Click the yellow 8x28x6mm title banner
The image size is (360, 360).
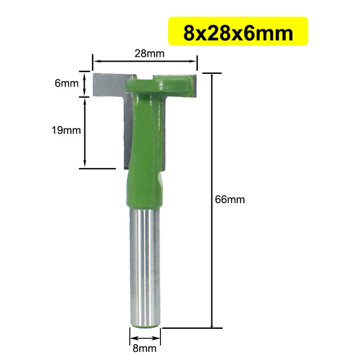pos(238,31)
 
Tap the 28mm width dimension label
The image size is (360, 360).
pos(149,54)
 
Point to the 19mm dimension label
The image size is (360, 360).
pos(66,130)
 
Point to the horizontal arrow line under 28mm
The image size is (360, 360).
pos(145,61)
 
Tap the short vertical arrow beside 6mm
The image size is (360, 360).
pos(85,83)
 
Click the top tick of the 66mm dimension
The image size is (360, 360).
pos(213,73)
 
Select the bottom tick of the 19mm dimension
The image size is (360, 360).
pos(97,168)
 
